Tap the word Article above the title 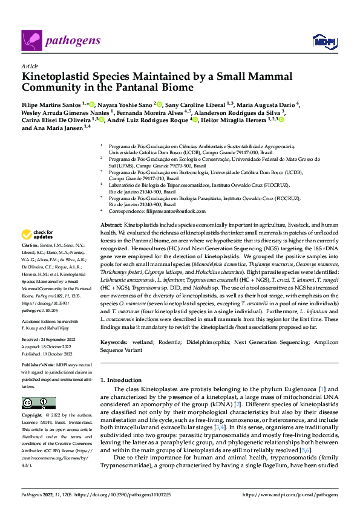[30, 66]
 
